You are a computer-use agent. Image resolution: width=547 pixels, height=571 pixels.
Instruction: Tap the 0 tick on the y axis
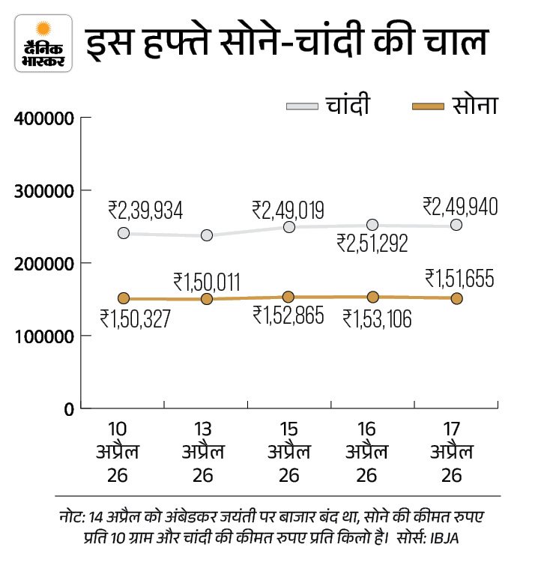coord(66,410)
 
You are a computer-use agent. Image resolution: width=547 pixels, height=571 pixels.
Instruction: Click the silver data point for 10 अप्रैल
coord(124,233)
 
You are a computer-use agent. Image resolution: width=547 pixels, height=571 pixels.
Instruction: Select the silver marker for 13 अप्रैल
coord(207,235)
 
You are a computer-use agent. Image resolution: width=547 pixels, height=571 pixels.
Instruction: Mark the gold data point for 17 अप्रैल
coord(456,298)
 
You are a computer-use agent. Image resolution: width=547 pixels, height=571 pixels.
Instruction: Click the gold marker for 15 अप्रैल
coord(288,297)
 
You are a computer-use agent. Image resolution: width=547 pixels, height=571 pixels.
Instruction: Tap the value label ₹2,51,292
coord(372,243)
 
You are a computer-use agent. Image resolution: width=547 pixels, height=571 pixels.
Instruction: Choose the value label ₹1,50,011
coord(206,282)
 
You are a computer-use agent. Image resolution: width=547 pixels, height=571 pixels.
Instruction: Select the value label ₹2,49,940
coord(460,205)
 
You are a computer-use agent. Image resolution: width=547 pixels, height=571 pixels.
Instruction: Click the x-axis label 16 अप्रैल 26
coord(366,453)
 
